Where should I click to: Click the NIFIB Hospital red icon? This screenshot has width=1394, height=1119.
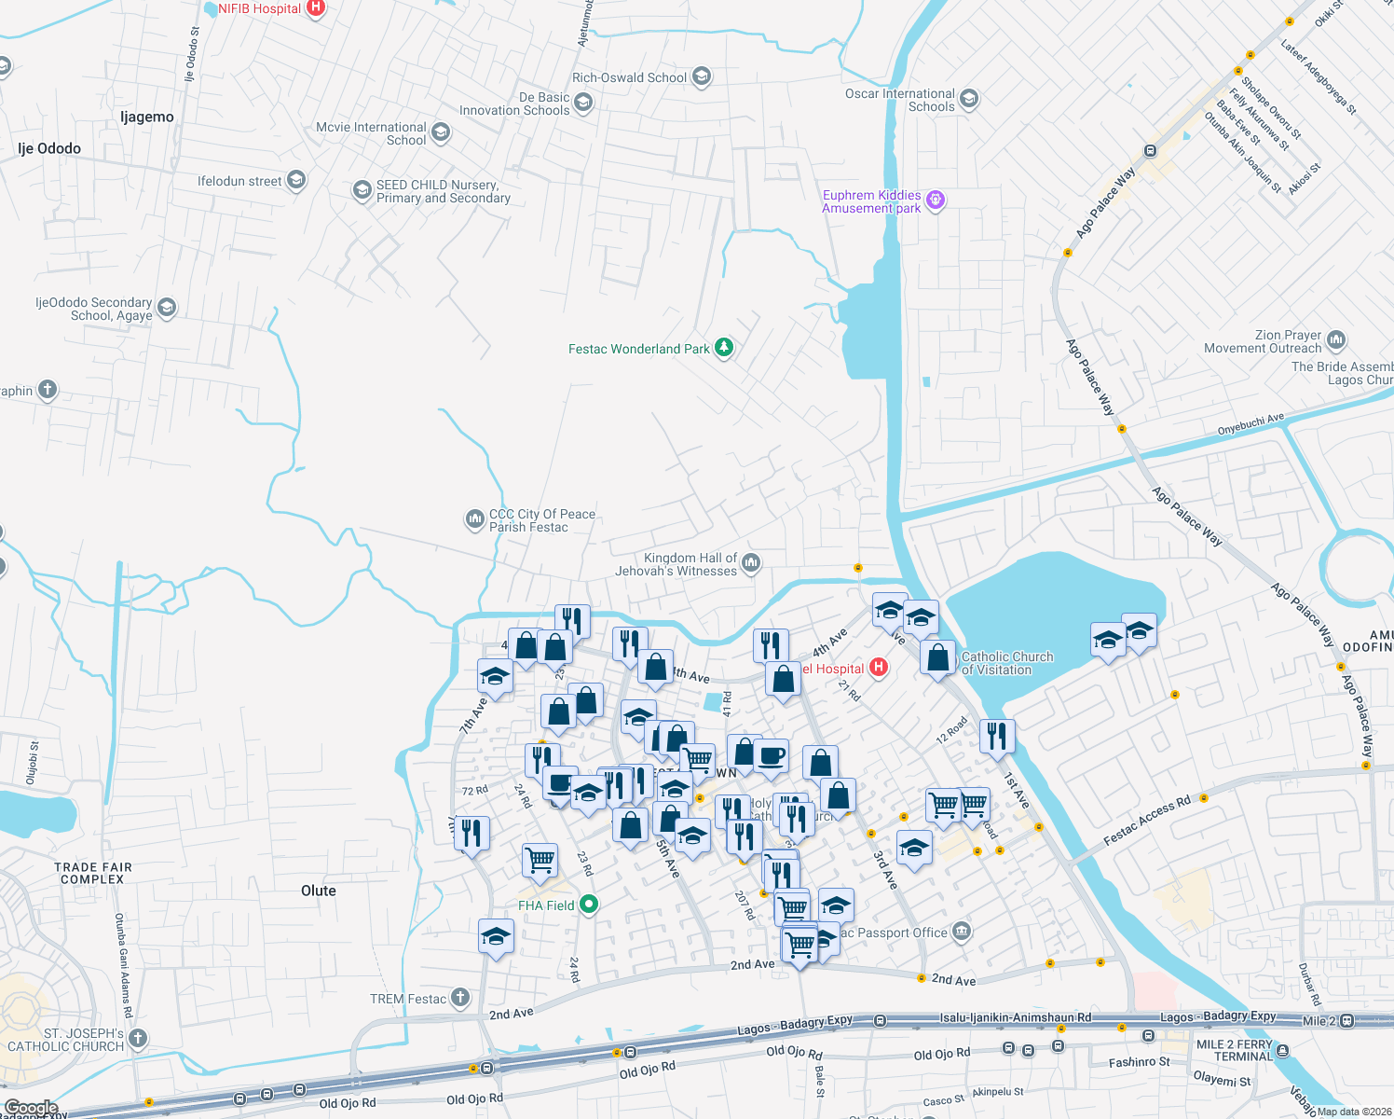click(x=316, y=8)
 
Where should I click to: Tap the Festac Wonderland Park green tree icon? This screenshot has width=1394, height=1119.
click(x=723, y=348)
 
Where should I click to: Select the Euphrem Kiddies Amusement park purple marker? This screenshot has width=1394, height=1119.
click(x=936, y=200)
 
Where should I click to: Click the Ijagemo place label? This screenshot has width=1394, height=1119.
click(x=147, y=117)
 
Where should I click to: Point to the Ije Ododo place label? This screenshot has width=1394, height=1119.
click(x=49, y=148)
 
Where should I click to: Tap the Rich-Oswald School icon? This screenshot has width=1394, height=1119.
click(x=702, y=76)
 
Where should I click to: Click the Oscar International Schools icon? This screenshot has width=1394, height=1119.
click(x=968, y=99)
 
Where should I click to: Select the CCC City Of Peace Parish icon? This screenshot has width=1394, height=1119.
click(x=474, y=519)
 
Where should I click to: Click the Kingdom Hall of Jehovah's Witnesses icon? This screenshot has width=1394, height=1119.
click(x=751, y=562)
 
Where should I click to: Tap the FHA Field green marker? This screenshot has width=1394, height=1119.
click(x=588, y=905)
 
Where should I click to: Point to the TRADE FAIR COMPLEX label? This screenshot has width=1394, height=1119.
click(x=93, y=873)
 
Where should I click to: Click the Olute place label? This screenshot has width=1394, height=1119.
click(x=319, y=891)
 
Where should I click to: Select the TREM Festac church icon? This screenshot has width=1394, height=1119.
click(x=460, y=998)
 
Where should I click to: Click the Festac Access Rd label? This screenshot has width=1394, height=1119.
click(x=1146, y=821)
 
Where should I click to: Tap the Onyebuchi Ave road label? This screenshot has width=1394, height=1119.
click(x=1250, y=424)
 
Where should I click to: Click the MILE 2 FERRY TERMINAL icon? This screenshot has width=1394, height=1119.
click(x=1282, y=1051)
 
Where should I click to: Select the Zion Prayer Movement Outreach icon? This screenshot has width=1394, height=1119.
click(x=1335, y=340)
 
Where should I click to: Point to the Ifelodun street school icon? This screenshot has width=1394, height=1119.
click(x=296, y=180)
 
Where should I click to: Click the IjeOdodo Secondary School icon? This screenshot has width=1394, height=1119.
click(x=167, y=308)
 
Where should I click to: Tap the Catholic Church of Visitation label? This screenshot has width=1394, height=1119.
click(x=1006, y=663)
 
